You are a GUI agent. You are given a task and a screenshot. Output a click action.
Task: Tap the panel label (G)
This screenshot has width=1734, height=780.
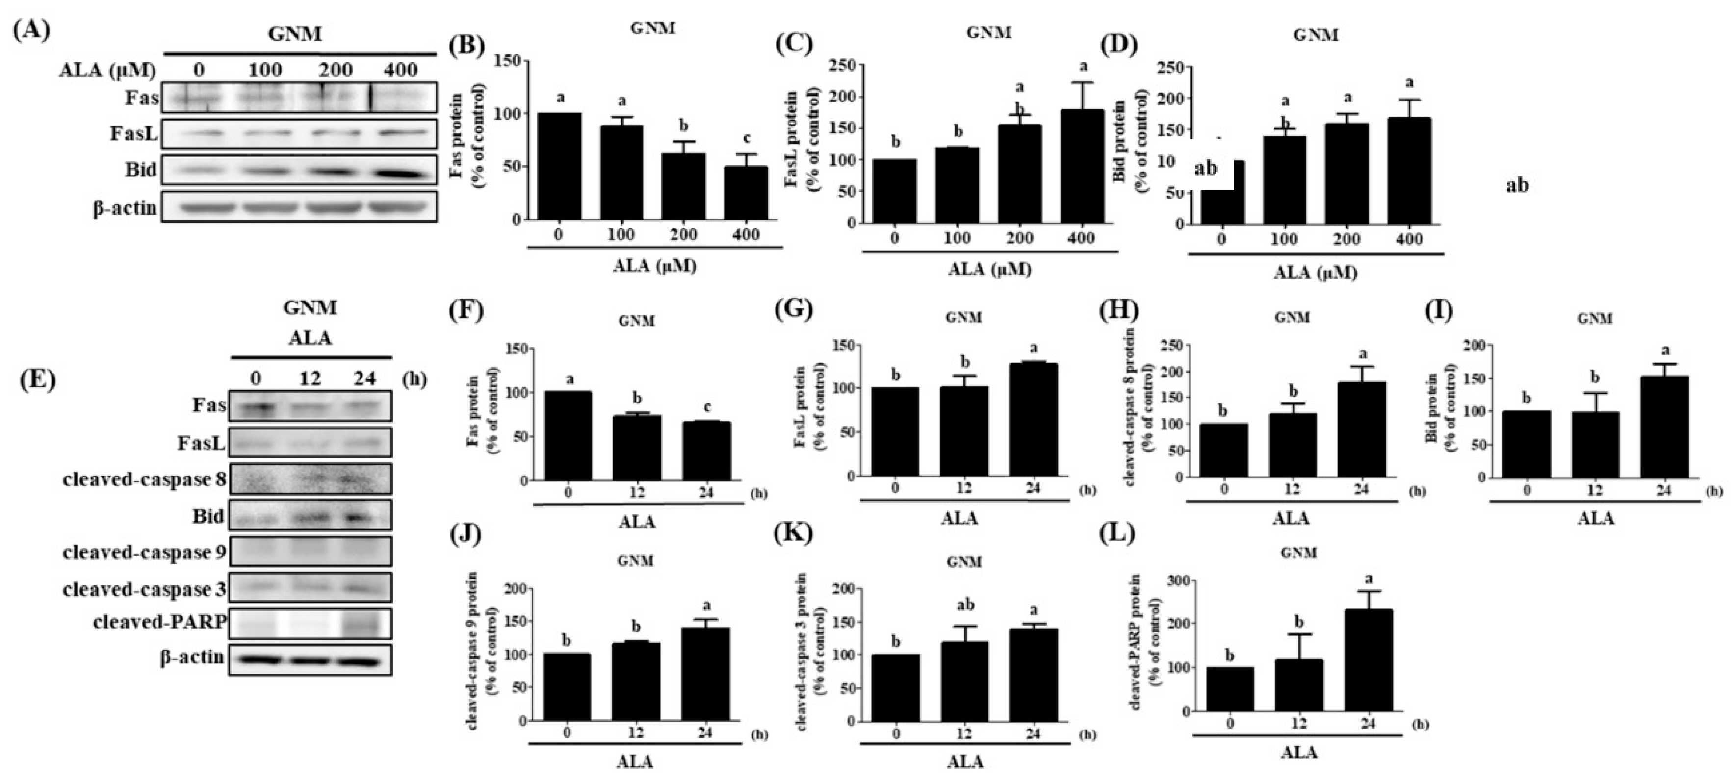(794, 313)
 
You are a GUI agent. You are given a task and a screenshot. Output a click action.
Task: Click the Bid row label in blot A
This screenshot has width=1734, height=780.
(141, 170)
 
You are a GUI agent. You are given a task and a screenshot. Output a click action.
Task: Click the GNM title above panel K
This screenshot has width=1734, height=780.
(963, 561)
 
